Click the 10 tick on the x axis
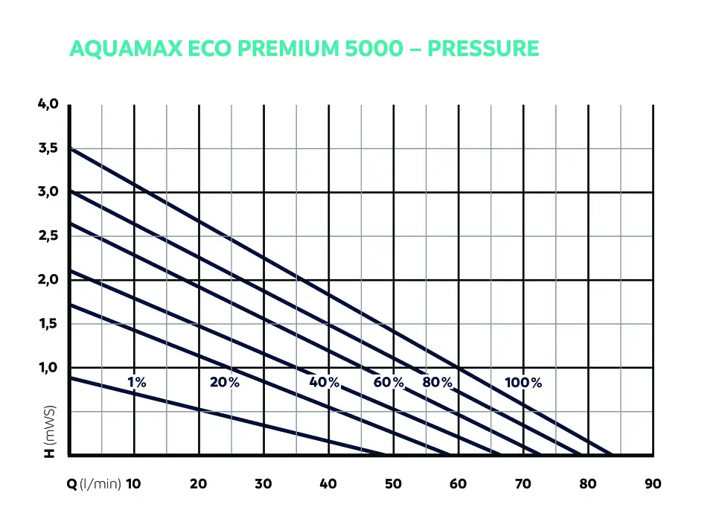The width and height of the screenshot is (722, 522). [133, 484]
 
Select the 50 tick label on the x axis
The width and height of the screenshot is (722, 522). [393, 484]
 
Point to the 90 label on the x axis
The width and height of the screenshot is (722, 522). [653, 484]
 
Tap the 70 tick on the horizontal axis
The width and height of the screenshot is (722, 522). [523, 484]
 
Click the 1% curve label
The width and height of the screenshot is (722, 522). [136, 383]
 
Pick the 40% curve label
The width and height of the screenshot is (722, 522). [324, 383]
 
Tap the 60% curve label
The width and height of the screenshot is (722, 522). [389, 383]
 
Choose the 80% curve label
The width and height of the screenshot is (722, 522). [438, 383]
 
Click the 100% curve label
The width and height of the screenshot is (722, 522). [523, 383]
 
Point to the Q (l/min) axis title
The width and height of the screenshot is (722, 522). [94, 484]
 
